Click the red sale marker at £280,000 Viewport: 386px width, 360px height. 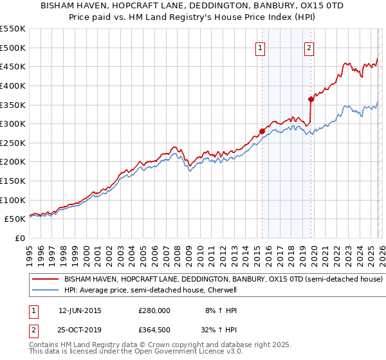click(262, 131)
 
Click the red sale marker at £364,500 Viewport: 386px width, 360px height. click(311, 99)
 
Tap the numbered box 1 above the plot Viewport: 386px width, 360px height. click(261, 47)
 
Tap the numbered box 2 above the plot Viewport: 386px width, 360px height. click(309, 47)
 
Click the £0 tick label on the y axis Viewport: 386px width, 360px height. click(19, 238)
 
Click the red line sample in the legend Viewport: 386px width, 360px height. click(46, 280)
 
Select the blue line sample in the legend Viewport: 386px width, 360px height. click(46, 291)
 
